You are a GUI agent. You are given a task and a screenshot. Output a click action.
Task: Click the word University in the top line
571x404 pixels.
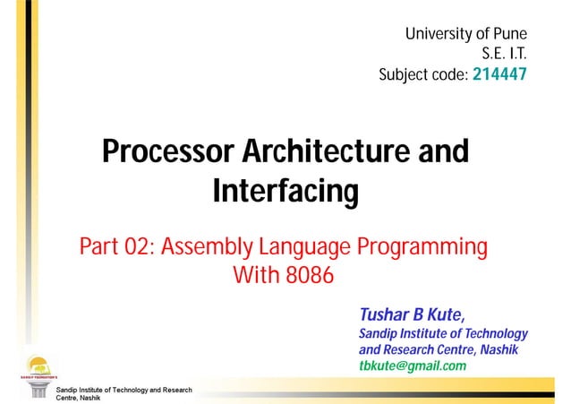coord(439,35)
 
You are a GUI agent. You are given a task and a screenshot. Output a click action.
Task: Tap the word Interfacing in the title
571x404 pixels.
coord(285,192)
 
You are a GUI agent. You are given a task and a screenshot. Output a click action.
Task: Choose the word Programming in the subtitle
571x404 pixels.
coord(422,245)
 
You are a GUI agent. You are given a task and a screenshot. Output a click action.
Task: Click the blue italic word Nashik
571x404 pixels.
coord(499,348)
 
